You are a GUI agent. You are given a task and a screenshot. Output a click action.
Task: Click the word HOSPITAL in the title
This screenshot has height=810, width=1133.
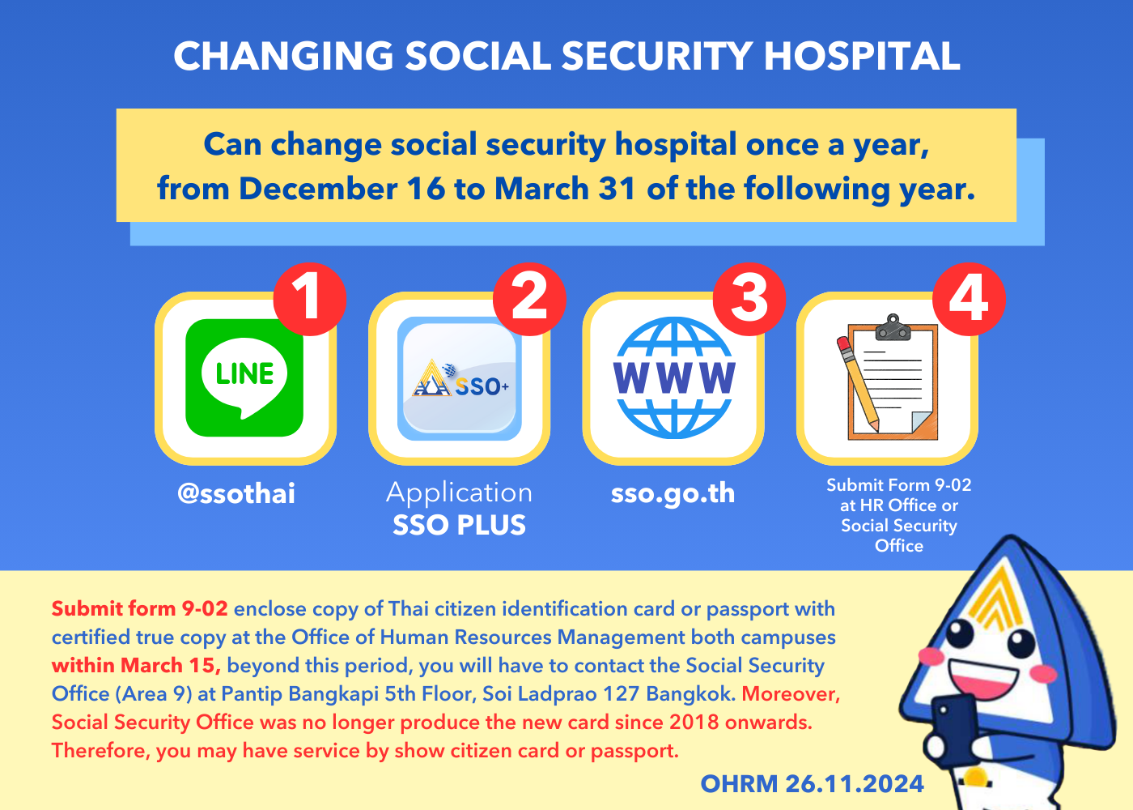(x=861, y=55)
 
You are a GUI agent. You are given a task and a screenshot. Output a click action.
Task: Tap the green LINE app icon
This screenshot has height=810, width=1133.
(x=244, y=377)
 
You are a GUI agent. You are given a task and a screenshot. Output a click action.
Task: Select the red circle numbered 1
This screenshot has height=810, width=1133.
(x=309, y=299)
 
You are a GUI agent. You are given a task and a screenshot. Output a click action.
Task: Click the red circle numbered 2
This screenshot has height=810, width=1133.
(x=529, y=299)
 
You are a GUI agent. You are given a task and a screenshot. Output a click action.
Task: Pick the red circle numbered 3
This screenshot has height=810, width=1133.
(x=749, y=299)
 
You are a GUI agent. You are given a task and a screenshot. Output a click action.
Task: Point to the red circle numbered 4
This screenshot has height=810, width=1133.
(x=970, y=299)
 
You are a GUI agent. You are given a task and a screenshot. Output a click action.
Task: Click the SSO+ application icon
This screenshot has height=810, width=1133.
(x=460, y=379)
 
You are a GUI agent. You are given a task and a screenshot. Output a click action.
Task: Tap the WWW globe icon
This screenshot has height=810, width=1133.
(x=673, y=377)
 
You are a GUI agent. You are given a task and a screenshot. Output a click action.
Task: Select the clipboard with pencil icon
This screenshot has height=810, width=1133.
(x=887, y=377)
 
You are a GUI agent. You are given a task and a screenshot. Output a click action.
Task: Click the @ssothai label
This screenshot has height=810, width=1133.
(x=236, y=493)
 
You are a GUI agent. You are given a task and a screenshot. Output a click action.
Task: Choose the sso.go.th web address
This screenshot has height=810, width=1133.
(x=673, y=494)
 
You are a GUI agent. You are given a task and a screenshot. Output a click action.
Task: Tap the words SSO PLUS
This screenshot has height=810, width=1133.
(x=460, y=525)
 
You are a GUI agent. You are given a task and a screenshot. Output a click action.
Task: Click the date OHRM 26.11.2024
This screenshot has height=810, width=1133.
(x=813, y=784)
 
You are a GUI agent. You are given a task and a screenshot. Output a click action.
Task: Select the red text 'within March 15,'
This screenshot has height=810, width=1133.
(x=136, y=665)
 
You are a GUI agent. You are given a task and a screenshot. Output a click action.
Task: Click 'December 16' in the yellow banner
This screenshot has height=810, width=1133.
(x=342, y=189)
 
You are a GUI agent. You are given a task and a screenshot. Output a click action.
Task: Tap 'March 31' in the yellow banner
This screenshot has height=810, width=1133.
(x=565, y=189)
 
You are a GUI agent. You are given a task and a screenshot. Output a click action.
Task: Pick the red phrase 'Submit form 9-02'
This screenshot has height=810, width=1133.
(x=139, y=608)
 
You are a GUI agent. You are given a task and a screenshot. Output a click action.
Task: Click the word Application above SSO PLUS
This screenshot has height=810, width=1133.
(x=460, y=493)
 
